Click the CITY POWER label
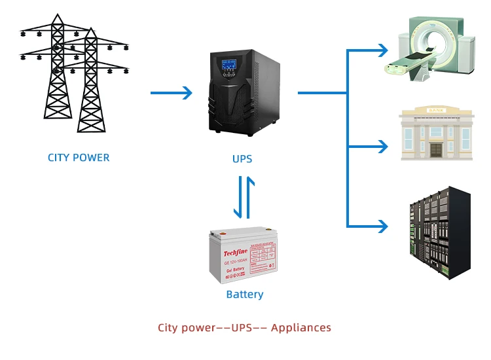tap(79, 158)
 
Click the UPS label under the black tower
tap(242, 159)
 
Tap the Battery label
tap(244, 295)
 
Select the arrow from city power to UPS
tap(172, 93)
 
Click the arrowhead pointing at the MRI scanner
tap(382, 49)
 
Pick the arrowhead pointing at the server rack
tap(382, 226)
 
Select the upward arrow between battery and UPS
tap(249, 197)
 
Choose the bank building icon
tap(435, 134)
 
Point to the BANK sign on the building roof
tap(434, 110)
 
